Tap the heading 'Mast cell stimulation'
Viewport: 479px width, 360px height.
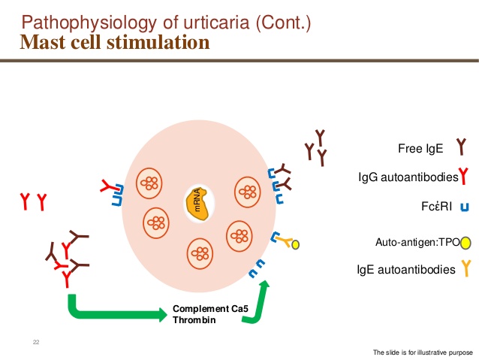coord(114,42)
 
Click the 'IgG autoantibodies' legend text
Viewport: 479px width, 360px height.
coord(408,177)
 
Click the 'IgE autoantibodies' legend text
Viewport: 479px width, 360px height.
coord(405,268)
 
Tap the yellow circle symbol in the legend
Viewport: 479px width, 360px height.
coord(466,242)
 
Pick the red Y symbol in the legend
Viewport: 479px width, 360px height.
coord(464,177)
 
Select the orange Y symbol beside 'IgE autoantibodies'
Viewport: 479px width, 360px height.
coord(465,267)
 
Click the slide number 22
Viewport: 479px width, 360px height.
coord(35,343)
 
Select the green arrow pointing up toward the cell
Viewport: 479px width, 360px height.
coord(258,301)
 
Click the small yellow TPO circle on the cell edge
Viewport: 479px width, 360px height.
coord(296,244)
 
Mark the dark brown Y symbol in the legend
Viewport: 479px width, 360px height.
coord(461,147)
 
